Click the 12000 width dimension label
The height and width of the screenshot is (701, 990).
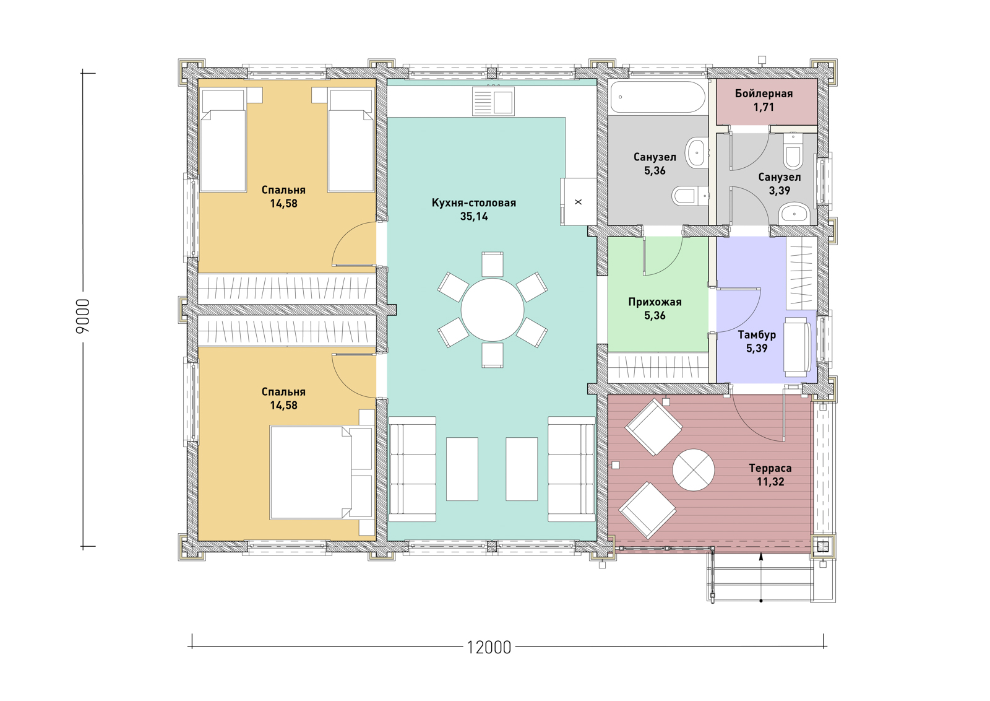pos(489,648)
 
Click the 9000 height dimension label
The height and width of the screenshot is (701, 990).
pos(83,315)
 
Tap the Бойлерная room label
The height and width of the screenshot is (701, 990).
pos(764,94)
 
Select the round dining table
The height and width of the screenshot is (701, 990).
pos(493,310)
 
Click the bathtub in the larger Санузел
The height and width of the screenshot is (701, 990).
pos(657,97)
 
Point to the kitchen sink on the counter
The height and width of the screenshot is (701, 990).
pos(493,102)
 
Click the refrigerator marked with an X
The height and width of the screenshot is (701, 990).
pos(579,202)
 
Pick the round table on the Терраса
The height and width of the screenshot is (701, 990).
pos(694,469)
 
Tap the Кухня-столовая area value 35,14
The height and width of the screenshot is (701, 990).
pos(474,216)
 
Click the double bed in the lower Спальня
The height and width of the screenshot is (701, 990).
pos(322,472)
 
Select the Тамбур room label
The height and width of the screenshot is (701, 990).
pos(757,335)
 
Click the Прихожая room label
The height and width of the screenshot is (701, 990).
pos(655,302)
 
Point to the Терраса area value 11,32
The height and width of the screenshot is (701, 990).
pos(770,482)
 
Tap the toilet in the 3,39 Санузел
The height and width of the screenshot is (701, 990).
pos(794,152)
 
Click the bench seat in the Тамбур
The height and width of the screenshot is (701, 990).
pos(798,347)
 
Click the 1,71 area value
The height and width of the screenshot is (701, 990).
pos(764,107)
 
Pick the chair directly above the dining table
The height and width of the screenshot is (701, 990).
pos(493,264)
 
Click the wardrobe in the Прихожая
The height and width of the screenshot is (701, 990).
pos(658,367)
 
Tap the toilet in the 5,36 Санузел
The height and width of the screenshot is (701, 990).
pos(690,196)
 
